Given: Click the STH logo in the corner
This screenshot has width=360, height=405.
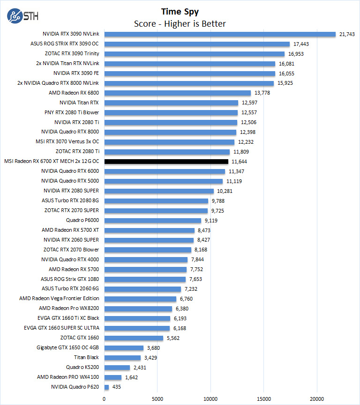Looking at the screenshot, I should point(22,15).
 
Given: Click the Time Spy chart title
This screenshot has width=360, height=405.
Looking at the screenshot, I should point(180,11).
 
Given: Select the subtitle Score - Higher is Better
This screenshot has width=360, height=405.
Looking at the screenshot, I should point(180,23).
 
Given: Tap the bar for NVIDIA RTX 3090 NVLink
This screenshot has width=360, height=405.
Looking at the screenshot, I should point(220,34).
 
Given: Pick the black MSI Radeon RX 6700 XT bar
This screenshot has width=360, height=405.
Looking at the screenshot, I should point(166,162).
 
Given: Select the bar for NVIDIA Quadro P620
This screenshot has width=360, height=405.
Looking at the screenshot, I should point(106,387).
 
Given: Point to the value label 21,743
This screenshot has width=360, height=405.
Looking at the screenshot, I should point(347,34).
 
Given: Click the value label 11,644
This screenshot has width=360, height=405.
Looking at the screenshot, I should point(240,162).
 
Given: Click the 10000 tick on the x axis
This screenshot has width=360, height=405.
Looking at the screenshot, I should point(210,398).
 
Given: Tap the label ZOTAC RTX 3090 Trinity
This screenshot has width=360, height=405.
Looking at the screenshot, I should point(72,54).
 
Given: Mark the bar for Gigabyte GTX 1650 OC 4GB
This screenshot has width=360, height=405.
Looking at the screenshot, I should point(124,348).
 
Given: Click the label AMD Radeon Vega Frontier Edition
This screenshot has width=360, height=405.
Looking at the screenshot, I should point(59,299).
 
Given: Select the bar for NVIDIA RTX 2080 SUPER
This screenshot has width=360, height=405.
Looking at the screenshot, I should point(159,191).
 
